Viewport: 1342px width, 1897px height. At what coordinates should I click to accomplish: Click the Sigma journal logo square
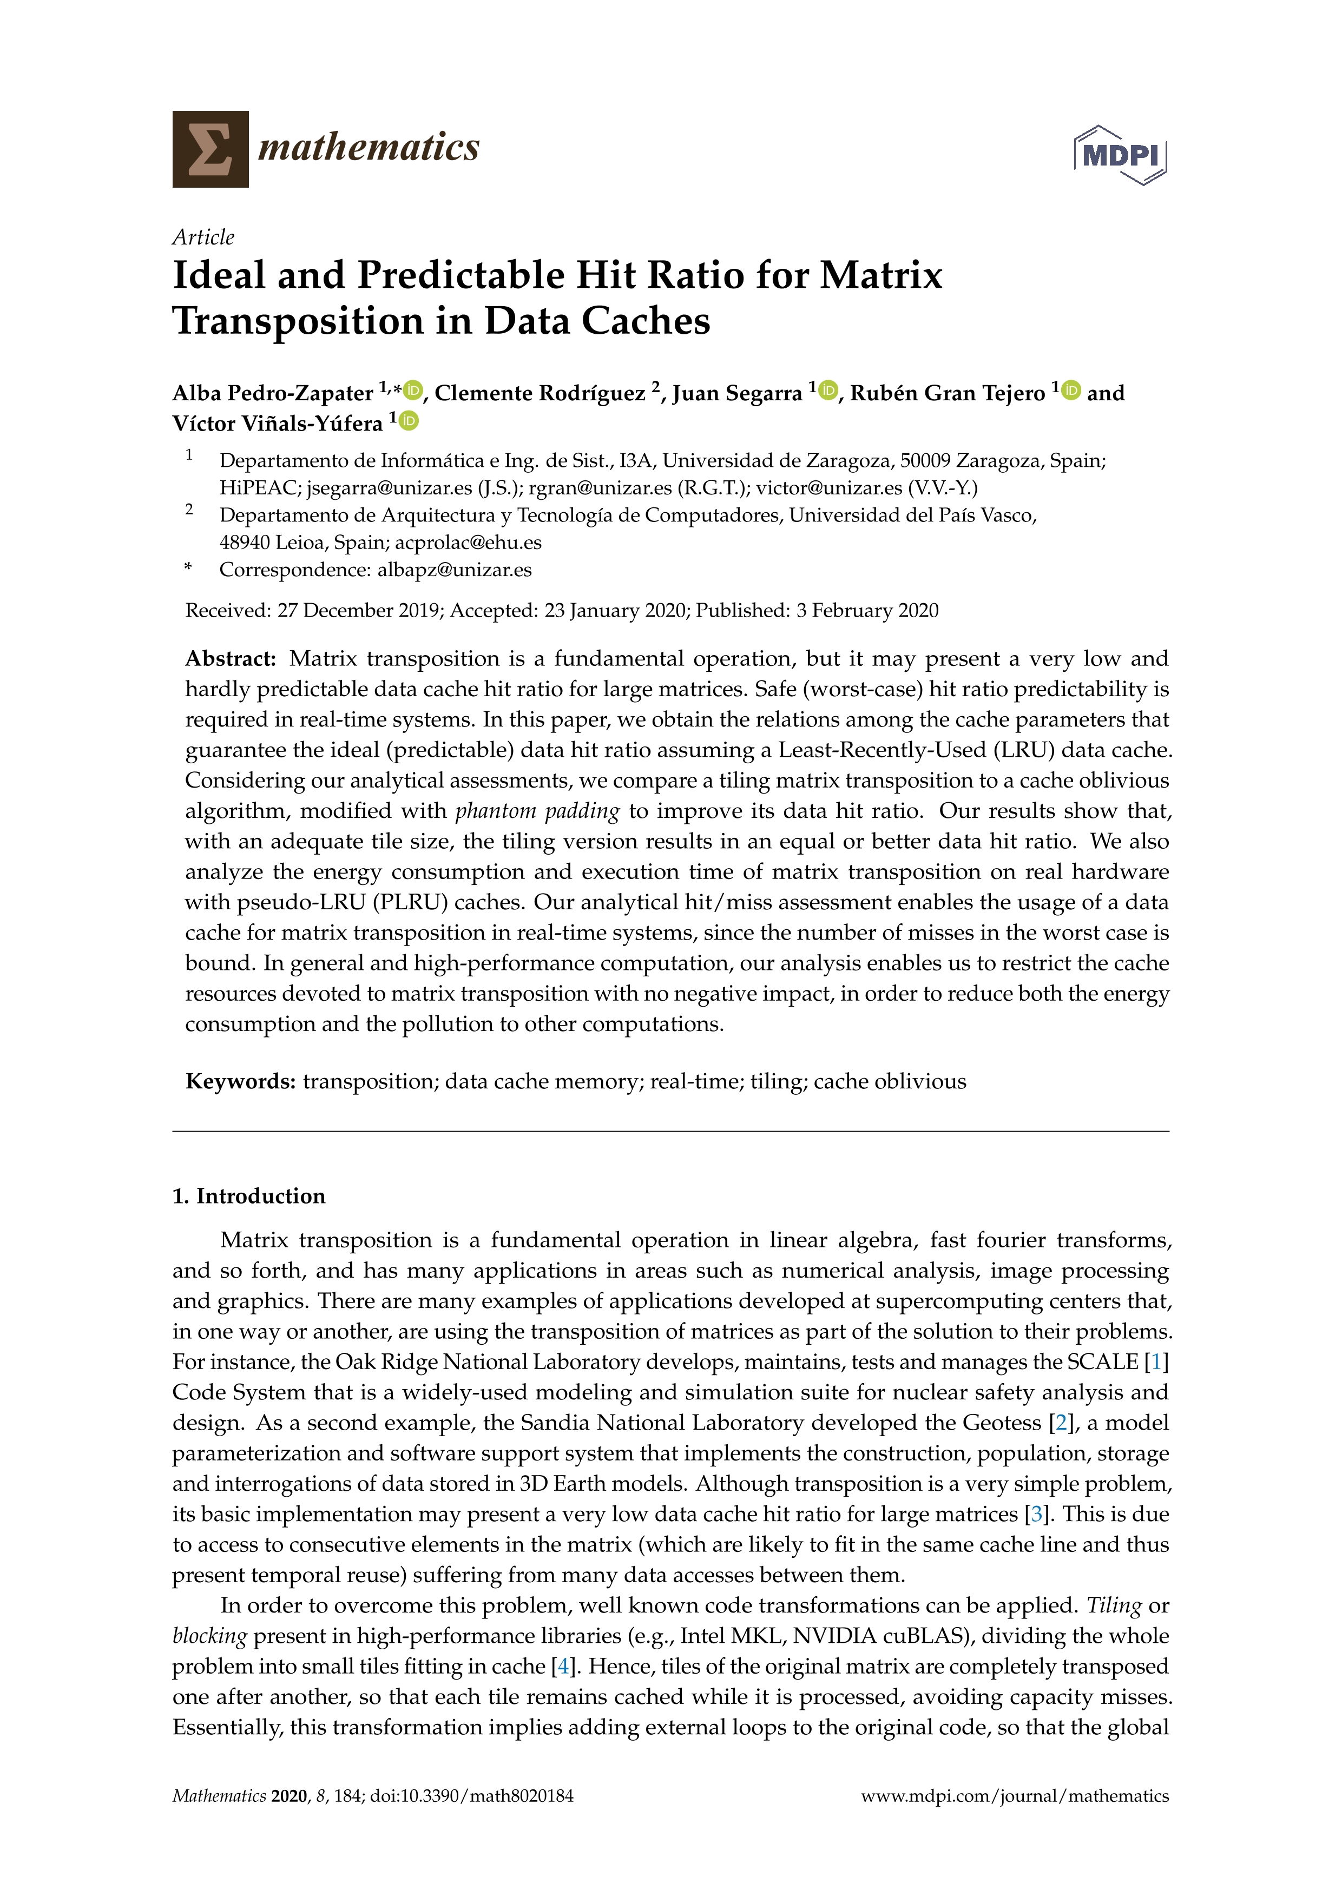(x=210, y=149)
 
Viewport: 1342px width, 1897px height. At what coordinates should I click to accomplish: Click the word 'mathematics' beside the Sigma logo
(x=369, y=148)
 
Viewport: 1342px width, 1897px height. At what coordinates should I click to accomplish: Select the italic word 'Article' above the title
(x=203, y=237)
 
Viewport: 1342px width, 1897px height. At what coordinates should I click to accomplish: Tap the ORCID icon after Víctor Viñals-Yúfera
(x=409, y=420)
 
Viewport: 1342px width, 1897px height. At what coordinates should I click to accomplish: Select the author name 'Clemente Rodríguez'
(x=540, y=393)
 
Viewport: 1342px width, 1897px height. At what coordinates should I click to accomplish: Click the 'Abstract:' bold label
(x=231, y=658)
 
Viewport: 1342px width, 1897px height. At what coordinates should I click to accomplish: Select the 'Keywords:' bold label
(x=240, y=1081)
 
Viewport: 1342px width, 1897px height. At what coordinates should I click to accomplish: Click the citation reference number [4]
(x=563, y=1667)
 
